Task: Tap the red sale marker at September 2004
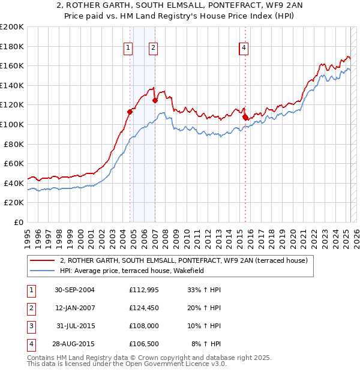click(x=130, y=112)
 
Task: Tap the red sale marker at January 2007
click(x=155, y=100)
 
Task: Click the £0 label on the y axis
click(x=19, y=222)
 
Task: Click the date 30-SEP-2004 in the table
click(x=74, y=290)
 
